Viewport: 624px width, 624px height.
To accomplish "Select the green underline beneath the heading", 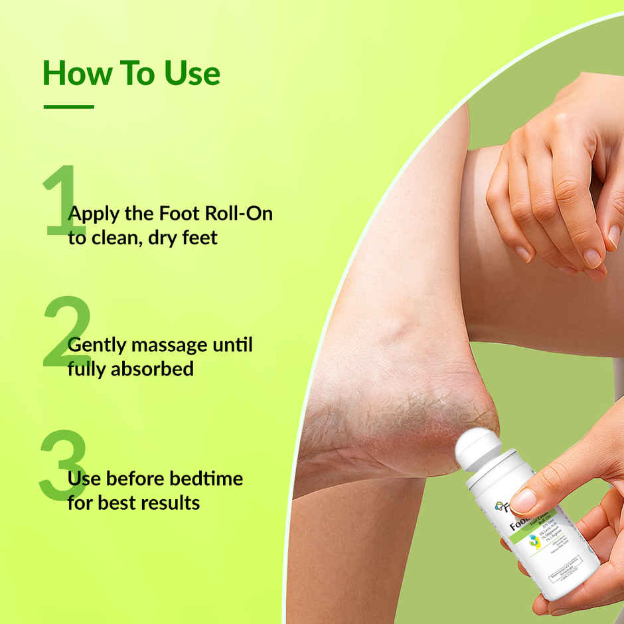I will (x=68, y=106).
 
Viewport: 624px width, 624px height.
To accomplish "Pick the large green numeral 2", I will (x=66, y=333).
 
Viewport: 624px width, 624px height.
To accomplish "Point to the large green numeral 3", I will (x=63, y=465).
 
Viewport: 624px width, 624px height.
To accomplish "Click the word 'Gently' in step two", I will (x=97, y=347).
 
